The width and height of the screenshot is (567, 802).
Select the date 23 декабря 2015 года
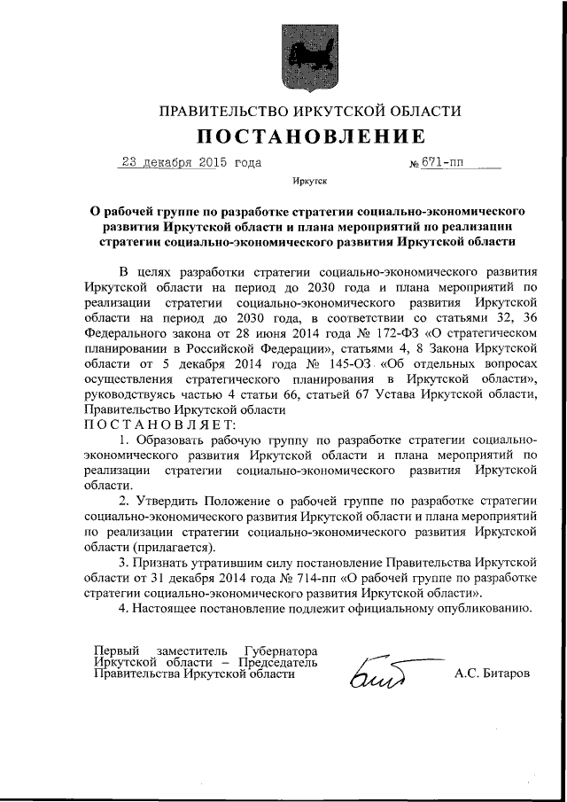click(x=190, y=162)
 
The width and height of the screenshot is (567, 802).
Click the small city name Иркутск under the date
click(x=309, y=181)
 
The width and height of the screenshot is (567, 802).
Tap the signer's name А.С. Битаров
click(x=492, y=673)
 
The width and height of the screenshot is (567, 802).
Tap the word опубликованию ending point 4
click(x=485, y=609)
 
